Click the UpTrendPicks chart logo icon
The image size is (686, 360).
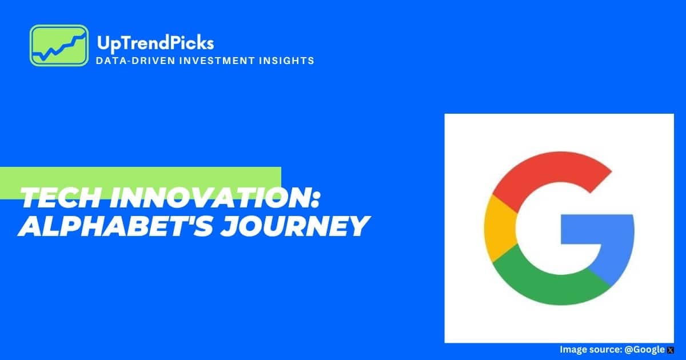click(x=59, y=45)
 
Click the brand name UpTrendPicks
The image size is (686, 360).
click(x=155, y=43)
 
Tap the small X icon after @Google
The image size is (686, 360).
click(x=671, y=350)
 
